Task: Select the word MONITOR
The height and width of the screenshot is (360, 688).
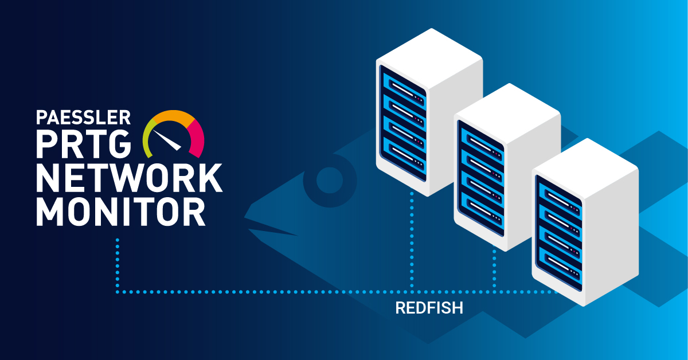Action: [120, 212]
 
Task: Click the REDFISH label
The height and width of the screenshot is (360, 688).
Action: [429, 308]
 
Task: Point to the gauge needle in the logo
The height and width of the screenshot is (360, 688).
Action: [170, 140]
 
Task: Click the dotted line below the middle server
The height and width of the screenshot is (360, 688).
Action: [494, 269]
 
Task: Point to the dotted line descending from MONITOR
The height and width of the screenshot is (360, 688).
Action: [117, 264]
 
